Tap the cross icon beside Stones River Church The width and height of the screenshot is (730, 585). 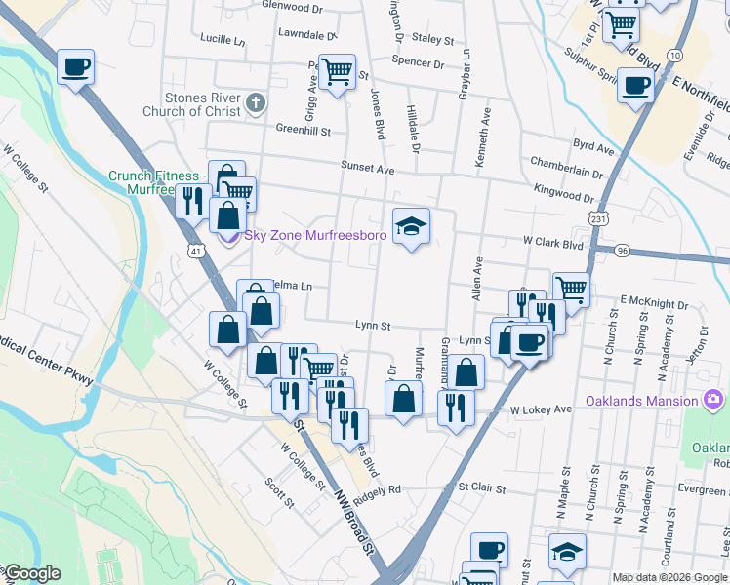click(256, 102)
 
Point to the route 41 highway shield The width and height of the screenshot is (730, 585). click(197, 252)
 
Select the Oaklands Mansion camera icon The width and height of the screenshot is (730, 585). click(714, 401)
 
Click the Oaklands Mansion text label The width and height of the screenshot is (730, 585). click(642, 402)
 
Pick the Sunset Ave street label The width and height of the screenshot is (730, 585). click(367, 169)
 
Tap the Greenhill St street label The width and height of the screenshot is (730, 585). click(304, 130)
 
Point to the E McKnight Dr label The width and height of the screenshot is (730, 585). click(654, 301)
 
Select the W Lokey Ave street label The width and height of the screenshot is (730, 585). click(541, 410)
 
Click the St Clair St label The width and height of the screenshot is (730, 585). click(483, 487)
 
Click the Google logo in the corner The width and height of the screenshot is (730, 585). click(32, 573)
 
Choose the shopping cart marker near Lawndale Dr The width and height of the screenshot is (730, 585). click(337, 71)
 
